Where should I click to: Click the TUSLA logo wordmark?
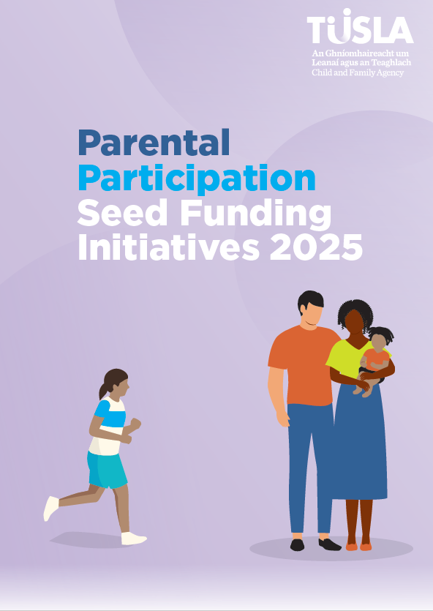[360, 26]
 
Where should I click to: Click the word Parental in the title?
[154, 143]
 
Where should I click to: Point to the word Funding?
[256, 214]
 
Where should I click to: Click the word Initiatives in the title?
[169, 247]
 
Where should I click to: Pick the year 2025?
[316, 247]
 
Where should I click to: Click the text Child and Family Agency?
[358, 73]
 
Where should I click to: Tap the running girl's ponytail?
[104, 390]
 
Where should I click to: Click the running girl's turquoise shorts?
[107, 469]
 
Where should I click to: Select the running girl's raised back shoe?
[50, 508]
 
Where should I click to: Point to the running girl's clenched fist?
[135, 424]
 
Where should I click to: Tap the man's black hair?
[311, 301]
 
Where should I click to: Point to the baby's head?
[380, 340]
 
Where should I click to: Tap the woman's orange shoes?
[358, 547]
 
